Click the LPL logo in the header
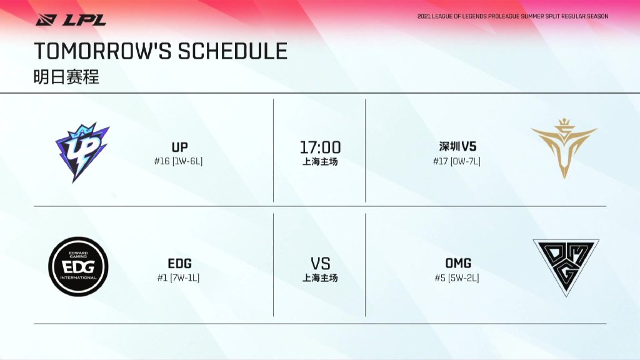(x=71, y=19)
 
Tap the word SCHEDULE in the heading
(x=232, y=51)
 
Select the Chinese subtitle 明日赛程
(x=66, y=77)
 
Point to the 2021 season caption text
(x=512, y=16)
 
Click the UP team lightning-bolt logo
(x=82, y=152)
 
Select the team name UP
(x=179, y=147)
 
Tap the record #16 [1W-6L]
(x=178, y=161)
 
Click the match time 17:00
(x=320, y=147)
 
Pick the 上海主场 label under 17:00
(x=320, y=162)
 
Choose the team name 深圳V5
(x=457, y=146)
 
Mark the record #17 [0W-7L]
(x=457, y=161)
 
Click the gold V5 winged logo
(x=564, y=149)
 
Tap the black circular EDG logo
(x=78, y=266)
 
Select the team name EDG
(x=179, y=263)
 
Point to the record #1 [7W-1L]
(x=178, y=278)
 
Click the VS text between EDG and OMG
(x=321, y=264)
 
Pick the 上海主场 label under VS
(x=320, y=278)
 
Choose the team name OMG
(x=458, y=263)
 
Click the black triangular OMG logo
(x=566, y=261)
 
